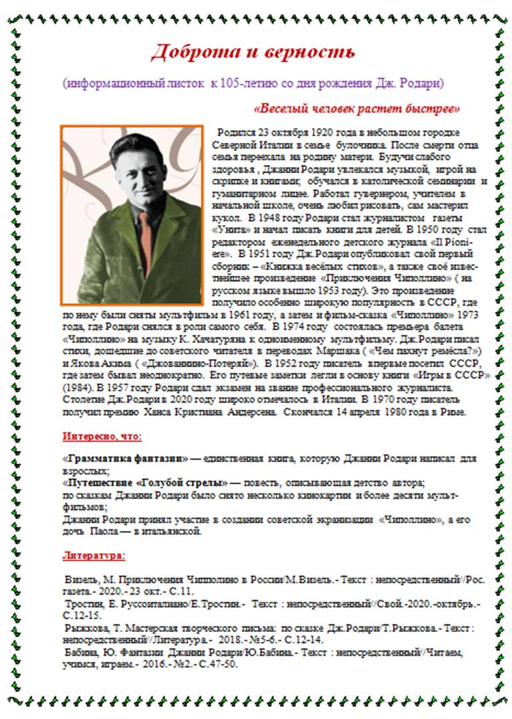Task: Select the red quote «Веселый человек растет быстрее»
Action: (357, 108)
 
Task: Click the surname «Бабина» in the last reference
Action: (82, 652)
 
